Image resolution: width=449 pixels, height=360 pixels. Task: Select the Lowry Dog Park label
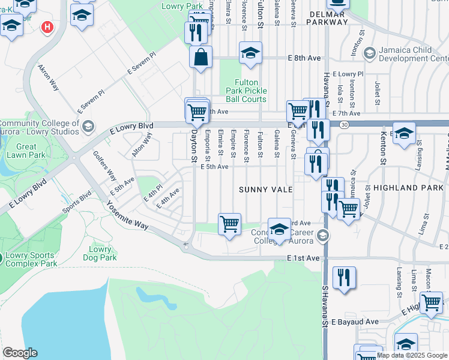[100, 253]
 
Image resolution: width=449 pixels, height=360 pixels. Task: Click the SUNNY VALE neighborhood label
[266, 189]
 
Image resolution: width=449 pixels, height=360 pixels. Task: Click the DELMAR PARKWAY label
[327, 17]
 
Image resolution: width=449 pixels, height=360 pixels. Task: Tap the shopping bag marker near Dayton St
[200, 58]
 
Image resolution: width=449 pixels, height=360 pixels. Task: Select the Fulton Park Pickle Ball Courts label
[246, 91]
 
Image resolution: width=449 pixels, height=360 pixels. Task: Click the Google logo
[20, 353]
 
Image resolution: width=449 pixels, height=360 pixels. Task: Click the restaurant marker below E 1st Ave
[344, 278]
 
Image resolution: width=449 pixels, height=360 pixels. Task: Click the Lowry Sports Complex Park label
[30, 259]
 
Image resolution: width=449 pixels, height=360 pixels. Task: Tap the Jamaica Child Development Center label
[414, 55]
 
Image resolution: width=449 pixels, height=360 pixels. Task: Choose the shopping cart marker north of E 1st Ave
[229, 224]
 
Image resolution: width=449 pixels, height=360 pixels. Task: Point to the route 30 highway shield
[344, 124]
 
